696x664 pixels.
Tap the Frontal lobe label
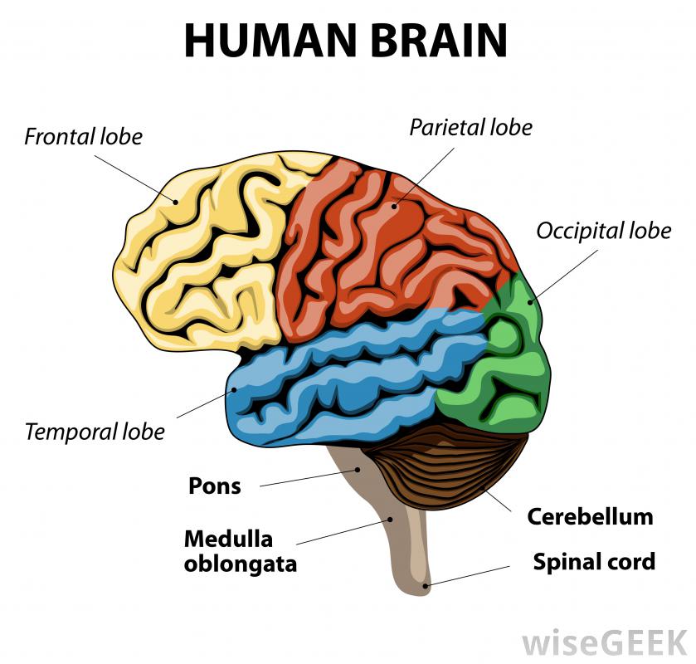point(83,135)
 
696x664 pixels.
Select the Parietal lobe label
point(470,127)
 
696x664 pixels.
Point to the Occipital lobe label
point(603,230)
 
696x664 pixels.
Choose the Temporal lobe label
point(95,432)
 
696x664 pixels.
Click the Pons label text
point(214,485)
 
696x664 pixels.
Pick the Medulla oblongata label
point(240,551)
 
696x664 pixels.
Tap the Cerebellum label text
point(590,517)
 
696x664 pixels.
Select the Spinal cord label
point(594,562)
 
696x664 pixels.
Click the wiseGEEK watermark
point(605,642)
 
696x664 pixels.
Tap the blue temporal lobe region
point(348,382)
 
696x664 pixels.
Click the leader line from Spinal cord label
point(470,576)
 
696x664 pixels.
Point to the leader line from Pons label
point(307,477)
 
